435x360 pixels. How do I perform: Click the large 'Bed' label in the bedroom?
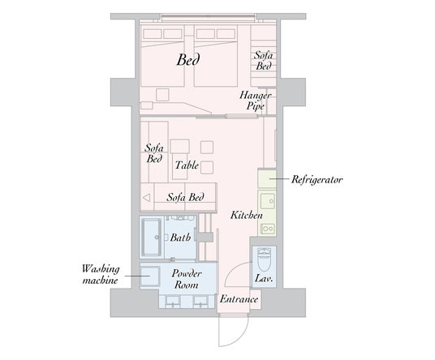188,59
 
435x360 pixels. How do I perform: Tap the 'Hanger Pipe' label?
255,101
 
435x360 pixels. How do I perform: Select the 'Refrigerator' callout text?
317,179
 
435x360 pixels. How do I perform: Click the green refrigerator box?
267,178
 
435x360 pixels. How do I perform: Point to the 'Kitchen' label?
247,216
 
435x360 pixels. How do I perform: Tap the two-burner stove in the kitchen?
268,229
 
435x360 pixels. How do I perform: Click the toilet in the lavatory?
263,260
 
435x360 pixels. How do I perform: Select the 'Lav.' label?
264,278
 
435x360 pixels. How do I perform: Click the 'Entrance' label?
239,299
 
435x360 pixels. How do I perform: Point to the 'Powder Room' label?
186,279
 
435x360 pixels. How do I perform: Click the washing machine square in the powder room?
150,276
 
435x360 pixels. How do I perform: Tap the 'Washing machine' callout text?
101,274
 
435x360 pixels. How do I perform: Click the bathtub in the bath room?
152,238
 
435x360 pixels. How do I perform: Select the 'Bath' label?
180,238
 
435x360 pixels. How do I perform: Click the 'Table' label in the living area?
187,165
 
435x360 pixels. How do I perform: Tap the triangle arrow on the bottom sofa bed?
146,198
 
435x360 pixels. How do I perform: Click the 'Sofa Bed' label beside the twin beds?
263,61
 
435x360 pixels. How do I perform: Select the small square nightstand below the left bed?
162,95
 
